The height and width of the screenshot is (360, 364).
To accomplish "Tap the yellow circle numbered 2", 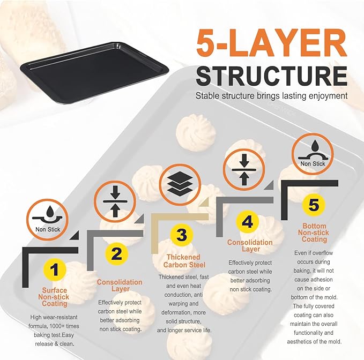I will pyautogui.click(x=117, y=254).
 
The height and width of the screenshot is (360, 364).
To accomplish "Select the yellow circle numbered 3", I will pyautogui.click(x=181, y=235).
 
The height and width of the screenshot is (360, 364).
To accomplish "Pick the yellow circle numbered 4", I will pyautogui.click(x=247, y=221).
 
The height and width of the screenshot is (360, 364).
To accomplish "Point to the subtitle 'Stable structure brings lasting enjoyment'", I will pyautogui.click(x=271, y=96).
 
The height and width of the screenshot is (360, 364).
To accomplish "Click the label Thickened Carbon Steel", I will pyautogui.click(x=183, y=261).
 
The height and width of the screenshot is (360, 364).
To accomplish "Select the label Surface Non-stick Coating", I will pyautogui.click(x=54, y=297).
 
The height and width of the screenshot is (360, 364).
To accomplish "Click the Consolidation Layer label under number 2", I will pyautogui.click(x=120, y=286).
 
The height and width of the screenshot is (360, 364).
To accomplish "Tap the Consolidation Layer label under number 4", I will pyautogui.click(x=250, y=245).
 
